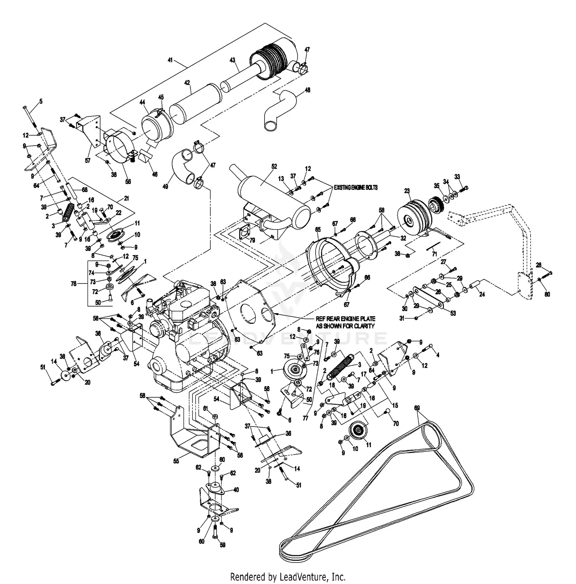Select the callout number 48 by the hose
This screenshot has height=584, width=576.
point(307,90)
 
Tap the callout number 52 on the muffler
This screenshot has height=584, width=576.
point(274,166)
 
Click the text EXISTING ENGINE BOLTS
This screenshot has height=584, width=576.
point(356,187)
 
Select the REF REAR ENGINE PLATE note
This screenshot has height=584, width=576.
point(345,322)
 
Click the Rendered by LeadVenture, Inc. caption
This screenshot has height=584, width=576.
point(288,576)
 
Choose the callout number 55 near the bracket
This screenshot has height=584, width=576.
point(176,461)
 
